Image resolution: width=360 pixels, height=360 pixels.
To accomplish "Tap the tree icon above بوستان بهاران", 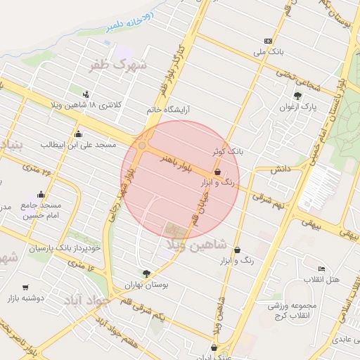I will pos(146,274).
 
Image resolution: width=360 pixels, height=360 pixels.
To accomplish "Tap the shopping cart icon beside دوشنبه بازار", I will pos(26,287).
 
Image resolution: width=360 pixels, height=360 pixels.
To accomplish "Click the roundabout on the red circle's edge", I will pos(143,146).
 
